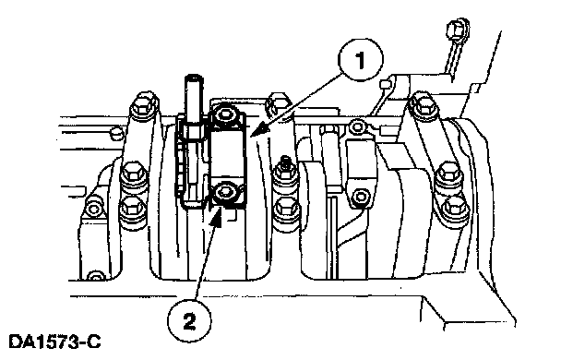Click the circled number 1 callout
360,59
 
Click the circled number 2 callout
189,320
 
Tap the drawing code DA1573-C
54,342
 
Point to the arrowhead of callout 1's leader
258,129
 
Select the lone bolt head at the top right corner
458,28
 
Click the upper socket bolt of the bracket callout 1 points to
225,114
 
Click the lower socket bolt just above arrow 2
225,193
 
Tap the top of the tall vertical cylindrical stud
193,78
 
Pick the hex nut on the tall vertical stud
193,131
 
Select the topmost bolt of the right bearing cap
424,102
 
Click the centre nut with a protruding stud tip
285,173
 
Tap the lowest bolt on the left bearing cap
132,210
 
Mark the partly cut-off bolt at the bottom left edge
94,276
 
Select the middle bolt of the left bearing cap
133,176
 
